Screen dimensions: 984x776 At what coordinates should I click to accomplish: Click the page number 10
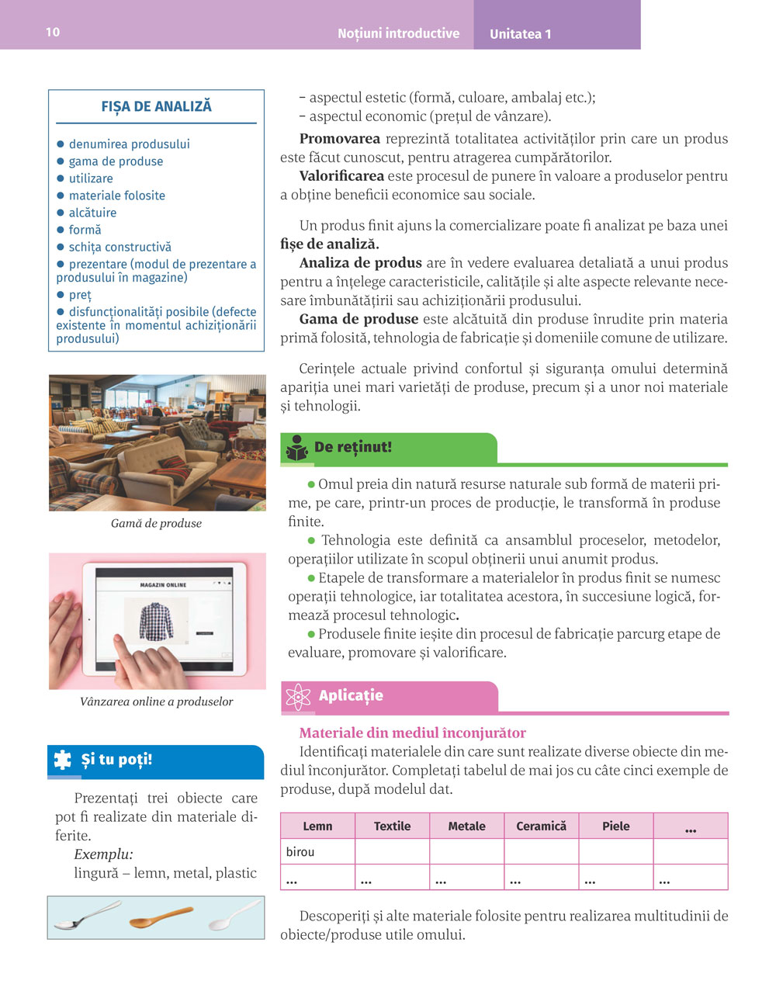tap(53, 32)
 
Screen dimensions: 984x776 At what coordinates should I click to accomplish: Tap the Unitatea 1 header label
tap(520, 34)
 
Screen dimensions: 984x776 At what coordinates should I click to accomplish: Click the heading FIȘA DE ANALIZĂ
tap(156, 106)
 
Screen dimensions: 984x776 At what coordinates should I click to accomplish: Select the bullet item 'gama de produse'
tap(116, 161)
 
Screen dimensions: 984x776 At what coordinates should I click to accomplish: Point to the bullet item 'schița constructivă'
tap(120, 247)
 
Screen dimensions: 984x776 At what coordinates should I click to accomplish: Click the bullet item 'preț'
tap(79, 295)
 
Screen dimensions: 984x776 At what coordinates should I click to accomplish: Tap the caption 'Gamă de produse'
tap(156, 524)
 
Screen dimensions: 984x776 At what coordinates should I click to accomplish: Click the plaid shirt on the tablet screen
tap(158, 622)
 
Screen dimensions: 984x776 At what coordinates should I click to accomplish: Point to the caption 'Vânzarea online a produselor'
tap(156, 702)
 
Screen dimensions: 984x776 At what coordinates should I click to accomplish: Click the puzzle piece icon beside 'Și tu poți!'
tap(62, 760)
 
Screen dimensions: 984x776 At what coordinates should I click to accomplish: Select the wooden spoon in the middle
tap(161, 918)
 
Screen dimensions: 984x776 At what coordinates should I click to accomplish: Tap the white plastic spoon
tap(236, 916)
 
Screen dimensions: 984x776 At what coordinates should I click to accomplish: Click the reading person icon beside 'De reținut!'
tap(297, 448)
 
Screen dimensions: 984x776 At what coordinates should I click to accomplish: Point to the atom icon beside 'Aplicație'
tap(298, 696)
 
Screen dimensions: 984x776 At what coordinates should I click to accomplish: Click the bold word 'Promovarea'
tap(339, 139)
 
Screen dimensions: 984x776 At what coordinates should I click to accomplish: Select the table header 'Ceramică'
tap(541, 826)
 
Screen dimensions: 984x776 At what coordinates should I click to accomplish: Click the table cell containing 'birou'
tap(317, 852)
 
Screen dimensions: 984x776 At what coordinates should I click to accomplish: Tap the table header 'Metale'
tap(466, 826)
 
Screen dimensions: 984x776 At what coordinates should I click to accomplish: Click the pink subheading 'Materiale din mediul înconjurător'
tap(412, 733)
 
